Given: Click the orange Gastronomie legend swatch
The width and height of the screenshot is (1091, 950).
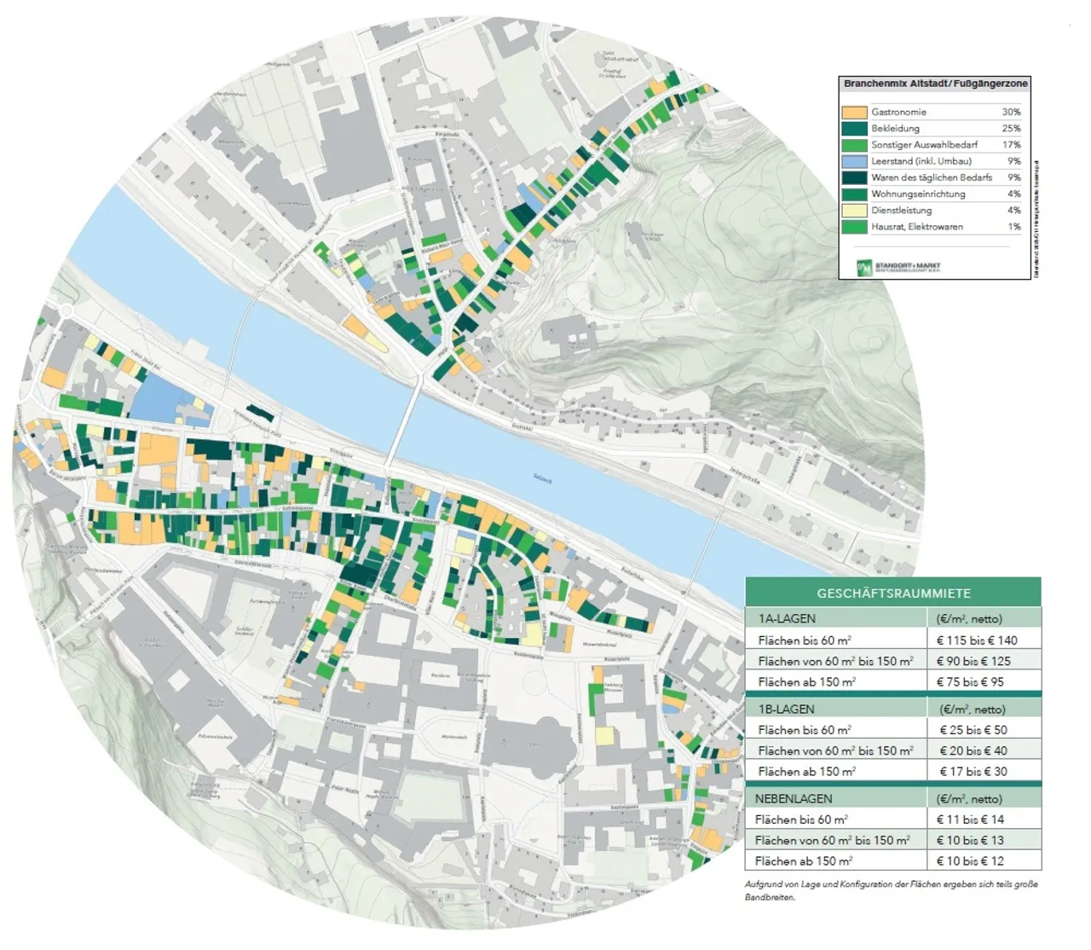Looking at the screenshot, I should pos(854,113).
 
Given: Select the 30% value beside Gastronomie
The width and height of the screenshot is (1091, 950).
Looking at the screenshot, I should pos(1011,113).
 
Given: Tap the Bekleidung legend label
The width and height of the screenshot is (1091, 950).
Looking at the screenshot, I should pos(895,129).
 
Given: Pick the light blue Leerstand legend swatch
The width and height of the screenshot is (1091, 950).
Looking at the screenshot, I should pos(854,161).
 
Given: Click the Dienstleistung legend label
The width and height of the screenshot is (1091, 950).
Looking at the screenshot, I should pos(901,211).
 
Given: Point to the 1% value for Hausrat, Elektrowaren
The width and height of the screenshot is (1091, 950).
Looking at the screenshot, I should pos(1013,227).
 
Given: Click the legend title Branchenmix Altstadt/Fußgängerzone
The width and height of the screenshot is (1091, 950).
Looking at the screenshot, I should pos(935,84).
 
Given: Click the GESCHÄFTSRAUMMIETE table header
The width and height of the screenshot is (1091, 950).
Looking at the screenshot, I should pos(893,594).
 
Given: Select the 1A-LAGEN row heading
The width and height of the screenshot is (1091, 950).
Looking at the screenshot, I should pos(787,619).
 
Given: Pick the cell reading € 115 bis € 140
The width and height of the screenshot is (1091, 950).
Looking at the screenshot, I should pos(976,640).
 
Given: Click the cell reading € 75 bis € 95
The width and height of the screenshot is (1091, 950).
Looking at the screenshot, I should pos(970,682).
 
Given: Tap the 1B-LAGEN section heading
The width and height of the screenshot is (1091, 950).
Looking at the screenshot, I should pos(786,710).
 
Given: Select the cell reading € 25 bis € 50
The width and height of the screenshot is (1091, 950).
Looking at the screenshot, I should pos(973,730).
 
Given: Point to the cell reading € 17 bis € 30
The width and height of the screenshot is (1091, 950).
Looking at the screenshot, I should pos(973,772).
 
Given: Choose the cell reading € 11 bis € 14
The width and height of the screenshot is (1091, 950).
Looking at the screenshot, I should pos(970,820).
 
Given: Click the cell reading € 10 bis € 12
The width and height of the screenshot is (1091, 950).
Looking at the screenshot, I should pos(970,861).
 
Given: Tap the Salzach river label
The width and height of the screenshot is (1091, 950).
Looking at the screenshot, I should pos(542,479).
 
